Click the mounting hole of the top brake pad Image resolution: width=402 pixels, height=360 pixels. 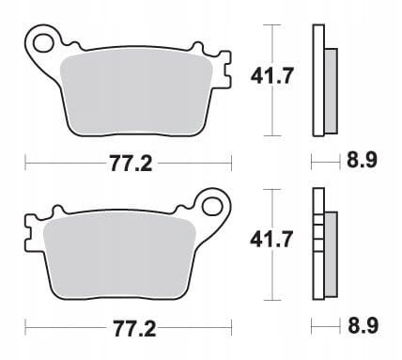[43, 43]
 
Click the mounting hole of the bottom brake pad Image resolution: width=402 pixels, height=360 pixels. [212, 207]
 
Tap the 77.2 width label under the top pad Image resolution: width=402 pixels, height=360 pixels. [131, 164]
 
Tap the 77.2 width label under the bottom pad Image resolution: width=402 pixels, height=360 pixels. [134, 329]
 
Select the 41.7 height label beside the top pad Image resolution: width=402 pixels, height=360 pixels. [272, 76]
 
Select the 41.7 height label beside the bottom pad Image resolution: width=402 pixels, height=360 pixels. [271, 240]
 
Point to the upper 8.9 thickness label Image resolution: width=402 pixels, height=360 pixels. [362, 160]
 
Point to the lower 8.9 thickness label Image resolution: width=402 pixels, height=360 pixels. [363, 325]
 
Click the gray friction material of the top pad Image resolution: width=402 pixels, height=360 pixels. [135, 95]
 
